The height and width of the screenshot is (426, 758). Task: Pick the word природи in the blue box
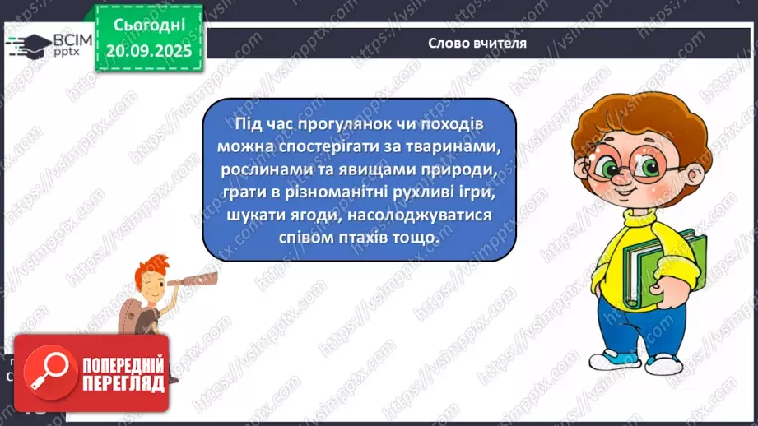point(452,169)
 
